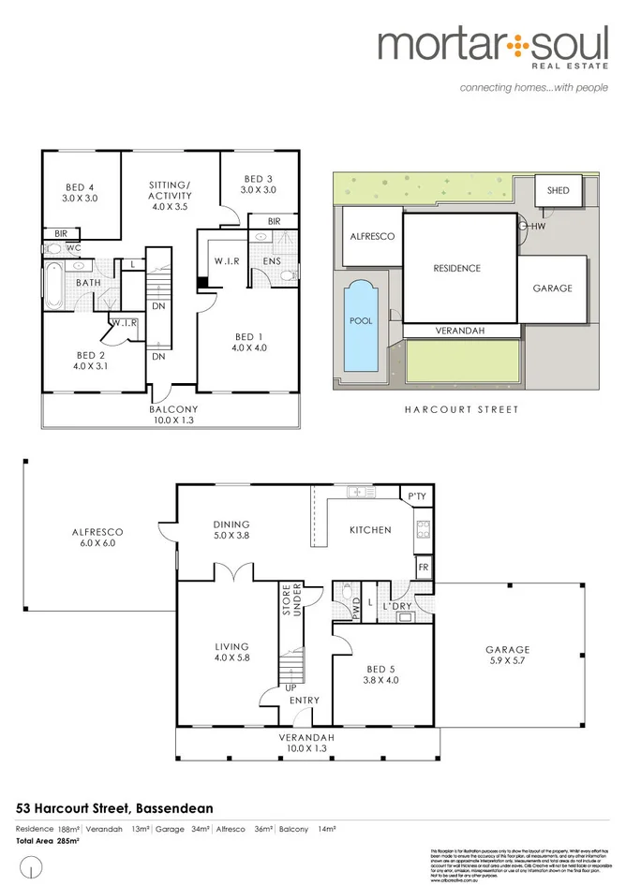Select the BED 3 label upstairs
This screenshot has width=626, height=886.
258,185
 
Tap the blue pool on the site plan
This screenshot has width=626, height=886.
359,320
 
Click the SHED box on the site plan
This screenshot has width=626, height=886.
558,190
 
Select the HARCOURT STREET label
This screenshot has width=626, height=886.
460,409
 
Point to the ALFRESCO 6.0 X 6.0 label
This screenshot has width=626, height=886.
97,537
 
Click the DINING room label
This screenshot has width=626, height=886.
231,530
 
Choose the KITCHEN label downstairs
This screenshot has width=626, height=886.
369,530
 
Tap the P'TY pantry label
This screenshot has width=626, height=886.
415,495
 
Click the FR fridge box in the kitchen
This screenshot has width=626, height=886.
423,568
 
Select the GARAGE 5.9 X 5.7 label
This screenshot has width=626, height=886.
507,655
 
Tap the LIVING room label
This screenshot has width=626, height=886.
231,652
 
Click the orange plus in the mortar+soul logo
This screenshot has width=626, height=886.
513,44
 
